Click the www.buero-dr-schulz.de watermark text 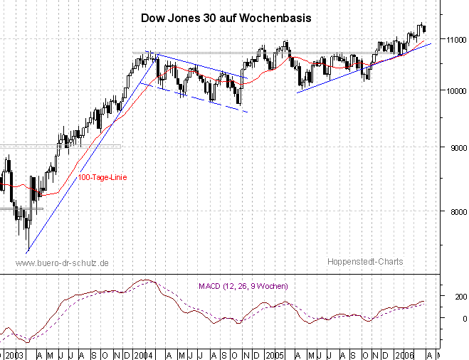pos(62,263)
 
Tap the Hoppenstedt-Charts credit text pos(365,262)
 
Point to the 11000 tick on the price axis pos(451,39)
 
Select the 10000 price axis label pos(451,90)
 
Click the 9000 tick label pos(453,148)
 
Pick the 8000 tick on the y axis pos(453,211)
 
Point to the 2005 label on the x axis pos(275,354)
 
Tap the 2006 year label pos(406,354)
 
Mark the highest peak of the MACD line pos(144,280)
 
